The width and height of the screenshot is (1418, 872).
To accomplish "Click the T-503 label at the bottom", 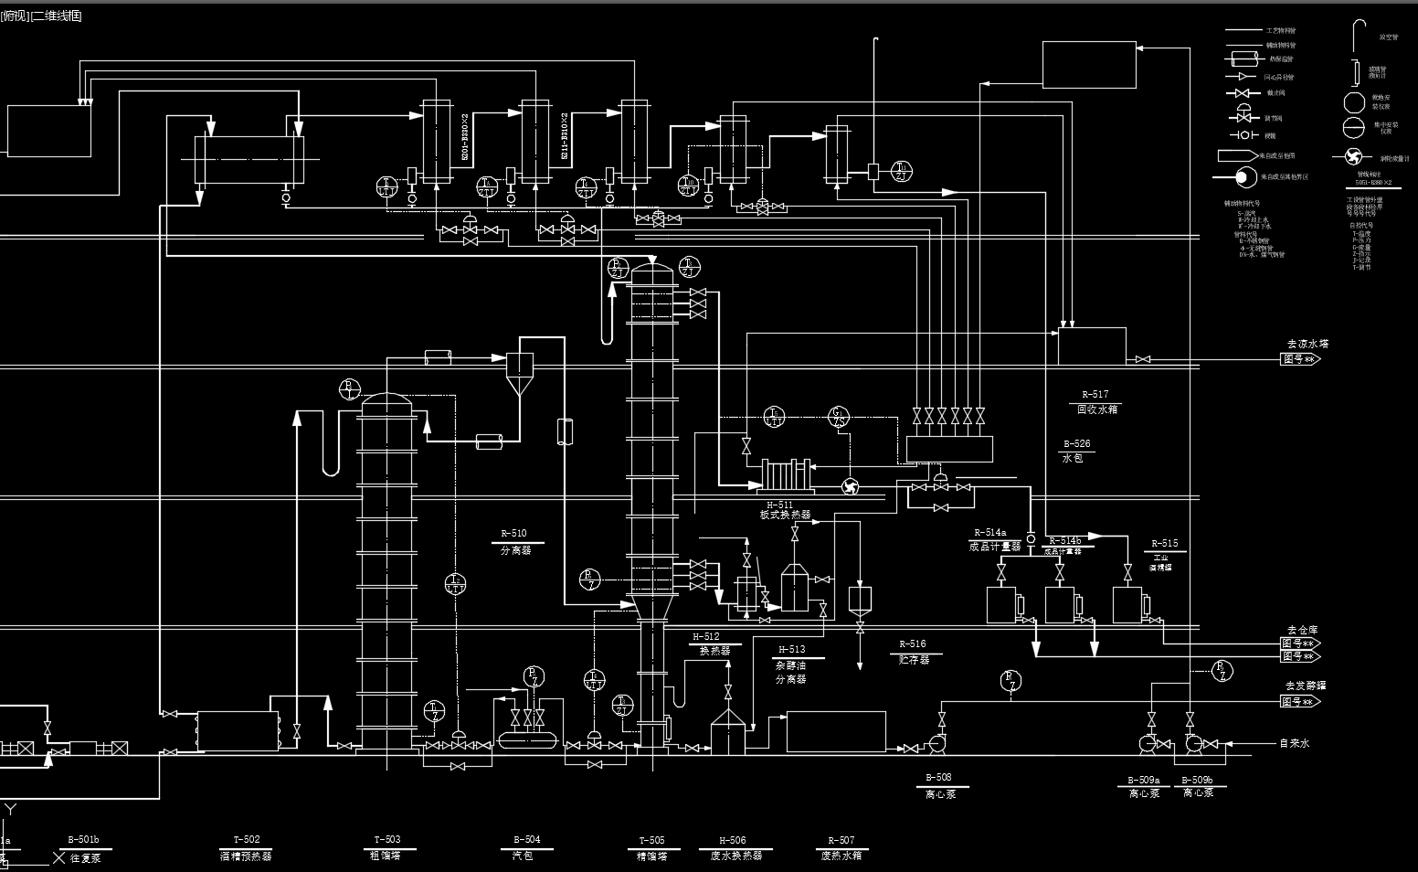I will pyautogui.click(x=386, y=840).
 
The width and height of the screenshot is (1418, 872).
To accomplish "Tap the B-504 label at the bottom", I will pyautogui.click(x=526, y=840).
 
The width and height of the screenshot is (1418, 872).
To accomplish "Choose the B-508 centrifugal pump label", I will pyautogui.click(x=938, y=778).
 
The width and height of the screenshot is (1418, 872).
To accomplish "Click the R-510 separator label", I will pyautogui.click(x=513, y=534).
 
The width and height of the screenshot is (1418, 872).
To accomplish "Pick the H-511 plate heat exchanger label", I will pyautogui.click(x=780, y=505).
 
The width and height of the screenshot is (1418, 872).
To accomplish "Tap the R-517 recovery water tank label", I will pyautogui.click(x=1095, y=395).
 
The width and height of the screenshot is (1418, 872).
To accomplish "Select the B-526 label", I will pyautogui.click(x=1076, y=444).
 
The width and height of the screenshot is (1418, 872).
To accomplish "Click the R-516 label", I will pyautogui.click(x=912, y=644).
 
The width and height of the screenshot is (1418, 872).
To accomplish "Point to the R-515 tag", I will pyautogui.click(x=1164, y=544).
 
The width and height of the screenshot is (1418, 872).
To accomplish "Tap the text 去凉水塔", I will pyautogui.click(x=1307, y=345).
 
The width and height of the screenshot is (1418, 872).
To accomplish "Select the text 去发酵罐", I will pyautogui.click(x=1305, y=686).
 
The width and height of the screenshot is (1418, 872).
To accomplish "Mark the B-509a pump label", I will pyautogui.click(x=1143, y=781).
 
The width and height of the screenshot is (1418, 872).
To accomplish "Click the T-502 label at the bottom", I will pyautogui.click(x=246, y=840).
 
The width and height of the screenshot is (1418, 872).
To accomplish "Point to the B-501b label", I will pyautogui.click(x=83, y=840).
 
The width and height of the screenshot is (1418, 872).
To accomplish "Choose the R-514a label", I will pyautogui.click(x=989, y=533).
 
